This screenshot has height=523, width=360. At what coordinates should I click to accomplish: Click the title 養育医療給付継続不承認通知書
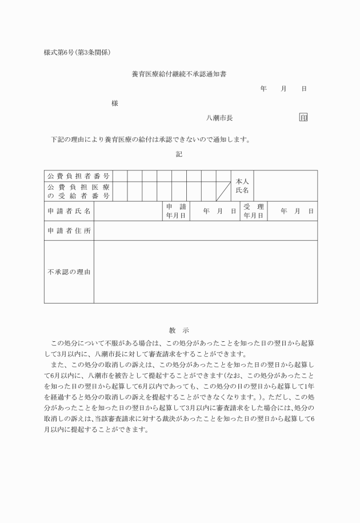click(x=178, y=74)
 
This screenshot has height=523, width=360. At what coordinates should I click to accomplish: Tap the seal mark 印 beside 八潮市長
click(x=303, y=118)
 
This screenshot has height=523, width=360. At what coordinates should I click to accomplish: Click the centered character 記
click(x=179, y=154)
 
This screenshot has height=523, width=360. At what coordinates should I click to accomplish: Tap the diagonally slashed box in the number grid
click(x=223, y=191)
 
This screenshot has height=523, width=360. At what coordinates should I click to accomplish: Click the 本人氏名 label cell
click(x=242, y=185)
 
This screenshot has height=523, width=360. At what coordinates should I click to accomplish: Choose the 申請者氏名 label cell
click(x=69, y=211)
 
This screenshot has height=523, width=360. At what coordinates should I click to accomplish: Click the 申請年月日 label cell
click(x=175, y=211)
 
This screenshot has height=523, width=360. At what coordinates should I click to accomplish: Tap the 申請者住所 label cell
click(x=69, y=231)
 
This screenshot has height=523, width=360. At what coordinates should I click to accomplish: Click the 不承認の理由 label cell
click(x=69, y=272)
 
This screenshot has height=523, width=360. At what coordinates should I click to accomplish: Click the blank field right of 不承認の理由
click(x=206, y=272)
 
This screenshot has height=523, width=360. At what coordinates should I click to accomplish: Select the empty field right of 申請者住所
click(x=206, y=231)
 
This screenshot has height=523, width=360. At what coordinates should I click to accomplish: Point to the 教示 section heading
click(x=179, y=330)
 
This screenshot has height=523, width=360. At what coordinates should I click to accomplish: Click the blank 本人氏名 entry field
click(x=285, y=185)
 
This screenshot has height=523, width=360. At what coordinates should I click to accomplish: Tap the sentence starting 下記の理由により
click(x=151, y=139)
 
